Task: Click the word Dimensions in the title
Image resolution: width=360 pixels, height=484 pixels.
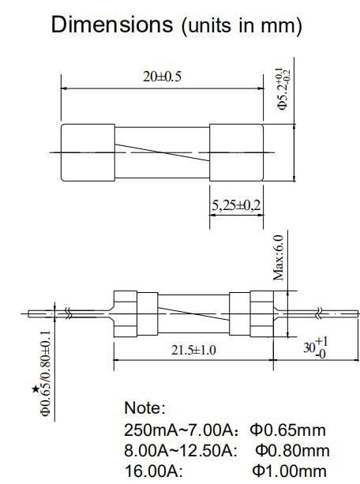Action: [x=112, y=24]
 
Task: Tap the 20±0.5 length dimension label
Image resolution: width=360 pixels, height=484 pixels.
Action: [x=162, y=77]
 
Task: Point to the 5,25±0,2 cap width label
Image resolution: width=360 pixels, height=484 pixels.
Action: [x=236, y=205]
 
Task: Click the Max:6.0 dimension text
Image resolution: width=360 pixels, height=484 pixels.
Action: [x=279, y=257]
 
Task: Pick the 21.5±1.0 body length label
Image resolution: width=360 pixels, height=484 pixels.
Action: [x=193, y=350]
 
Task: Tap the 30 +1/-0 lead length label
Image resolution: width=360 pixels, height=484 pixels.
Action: [x=315, y=347]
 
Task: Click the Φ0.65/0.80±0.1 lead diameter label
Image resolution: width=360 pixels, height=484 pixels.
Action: [x=45, y=373]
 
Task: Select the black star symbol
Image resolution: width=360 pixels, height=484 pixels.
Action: [x=36, y=389]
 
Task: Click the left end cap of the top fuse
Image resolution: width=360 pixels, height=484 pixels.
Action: [x=88, y=152]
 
